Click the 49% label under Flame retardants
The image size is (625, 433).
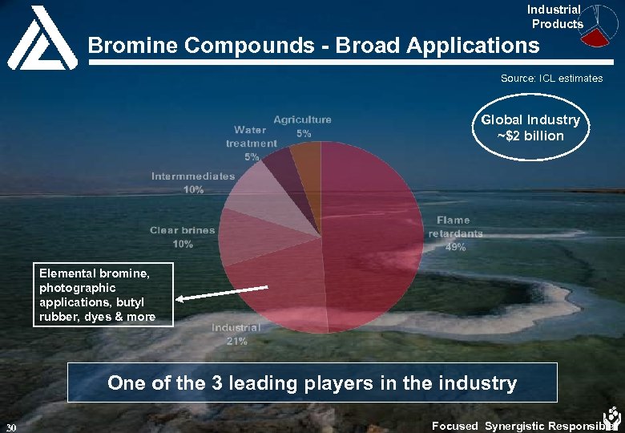coord(456,248)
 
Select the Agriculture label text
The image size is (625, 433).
coord(302,119)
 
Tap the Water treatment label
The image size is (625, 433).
coord(251,136)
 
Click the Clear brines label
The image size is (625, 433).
coord(182,230)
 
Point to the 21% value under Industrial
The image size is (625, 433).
coord(236,341)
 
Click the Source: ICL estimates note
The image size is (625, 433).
coord(551,79)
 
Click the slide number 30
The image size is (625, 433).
coord(10,426)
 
